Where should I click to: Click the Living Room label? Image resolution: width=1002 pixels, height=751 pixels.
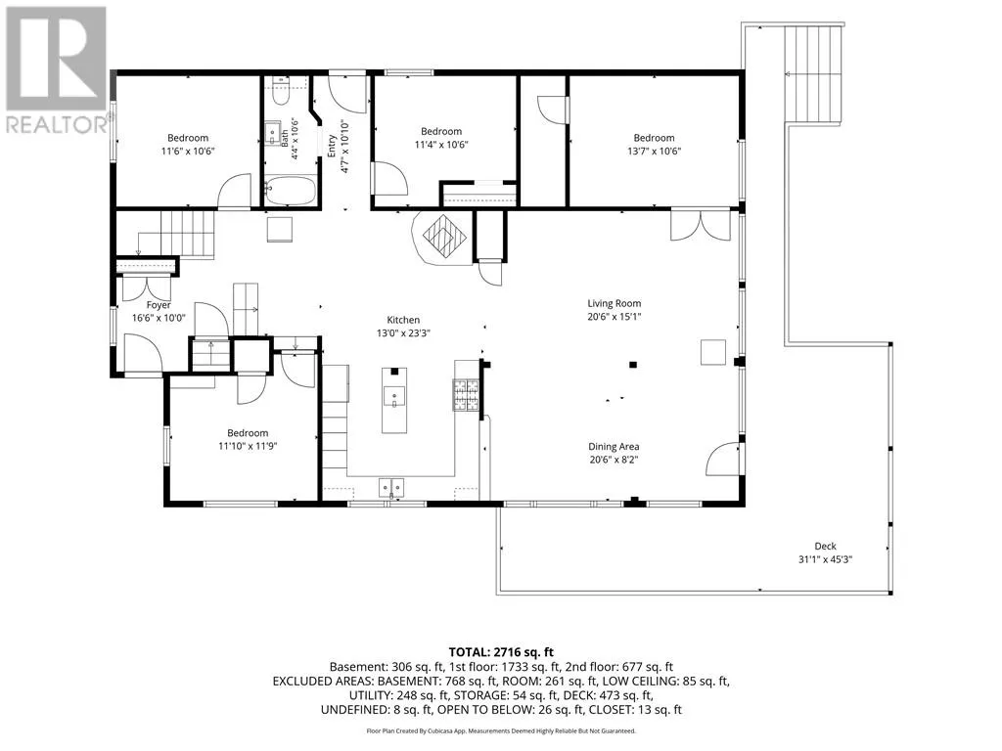615,303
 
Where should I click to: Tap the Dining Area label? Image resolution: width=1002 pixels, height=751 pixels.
614,446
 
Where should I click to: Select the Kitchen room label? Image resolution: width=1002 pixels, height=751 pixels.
403,320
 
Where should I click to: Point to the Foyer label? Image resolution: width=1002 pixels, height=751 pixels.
159,305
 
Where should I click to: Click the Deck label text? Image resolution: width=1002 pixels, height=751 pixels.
825,546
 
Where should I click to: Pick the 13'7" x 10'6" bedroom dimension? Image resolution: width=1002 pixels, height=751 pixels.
654,152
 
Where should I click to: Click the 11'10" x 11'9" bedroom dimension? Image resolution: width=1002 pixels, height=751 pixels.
248,446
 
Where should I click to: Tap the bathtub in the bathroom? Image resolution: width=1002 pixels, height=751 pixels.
290,191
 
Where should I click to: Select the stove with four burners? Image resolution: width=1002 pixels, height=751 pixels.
467,395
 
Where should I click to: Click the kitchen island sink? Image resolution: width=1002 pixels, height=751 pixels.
394,397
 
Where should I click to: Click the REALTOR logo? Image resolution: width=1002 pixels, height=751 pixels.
55,70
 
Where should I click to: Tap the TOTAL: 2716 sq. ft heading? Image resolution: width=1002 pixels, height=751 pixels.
501,652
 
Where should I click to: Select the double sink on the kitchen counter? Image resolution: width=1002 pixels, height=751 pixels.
391,488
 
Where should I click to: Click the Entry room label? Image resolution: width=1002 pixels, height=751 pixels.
332,147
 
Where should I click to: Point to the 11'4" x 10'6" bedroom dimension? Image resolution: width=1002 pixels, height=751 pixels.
441,145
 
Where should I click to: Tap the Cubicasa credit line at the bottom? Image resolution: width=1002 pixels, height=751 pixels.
501,730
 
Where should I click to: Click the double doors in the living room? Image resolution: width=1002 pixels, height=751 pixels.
701,225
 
